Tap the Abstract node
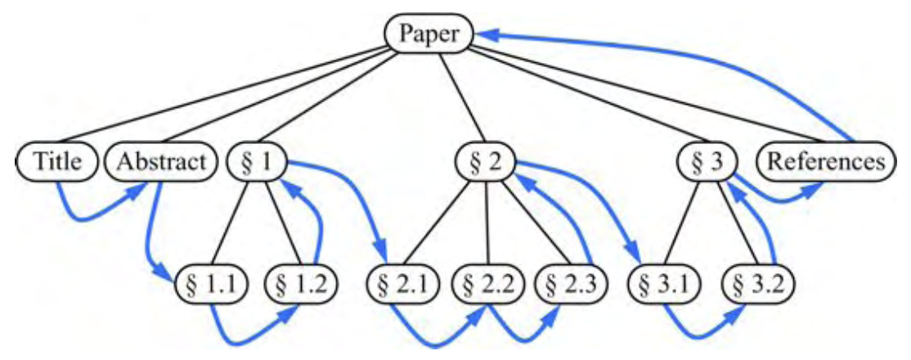[x=161, y=161]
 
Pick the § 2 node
[x=487, y=161]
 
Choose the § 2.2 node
[x=488, y=286]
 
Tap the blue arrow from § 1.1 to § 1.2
[x=249, y=335]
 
